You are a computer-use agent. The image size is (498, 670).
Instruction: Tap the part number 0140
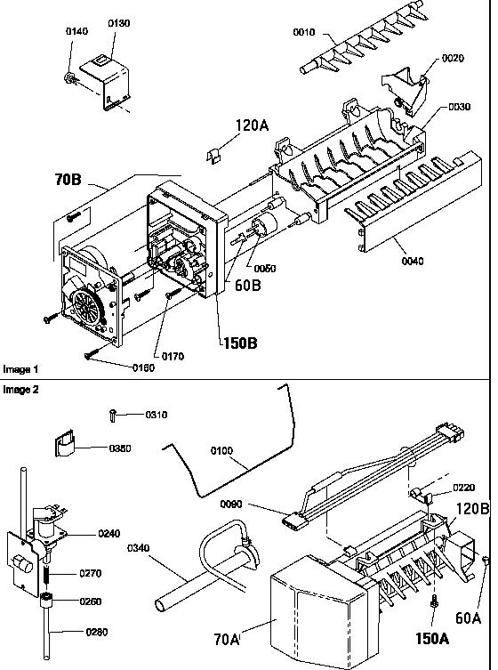click(76, 31)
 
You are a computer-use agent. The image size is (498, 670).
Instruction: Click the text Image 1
click(21, 367)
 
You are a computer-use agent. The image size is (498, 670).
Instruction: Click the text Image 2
click(21, 390)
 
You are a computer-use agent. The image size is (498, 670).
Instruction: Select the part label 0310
click(156, 415)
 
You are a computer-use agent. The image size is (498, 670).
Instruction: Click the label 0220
click(463, 487)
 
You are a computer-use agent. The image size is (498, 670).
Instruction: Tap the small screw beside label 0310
click(114, 413)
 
